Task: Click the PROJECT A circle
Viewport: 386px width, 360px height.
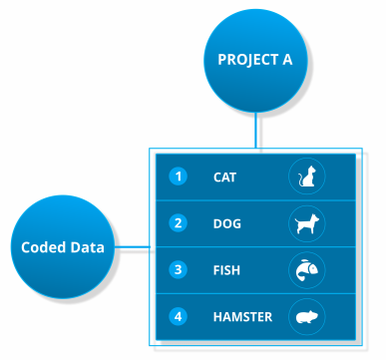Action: pyautogui.click(x=255, y=61)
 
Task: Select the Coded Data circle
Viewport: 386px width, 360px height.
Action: pyautogui.click(x=63, y=247)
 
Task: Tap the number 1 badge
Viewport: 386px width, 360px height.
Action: pyautogui.click(x=179, y=177)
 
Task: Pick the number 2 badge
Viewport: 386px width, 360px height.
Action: pyautogui.click(x=179, y=223)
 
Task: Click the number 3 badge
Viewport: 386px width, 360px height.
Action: pyautogui.click(x=179, y=269)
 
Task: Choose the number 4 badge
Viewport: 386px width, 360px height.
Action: pyautogui.click(x=179, y=316)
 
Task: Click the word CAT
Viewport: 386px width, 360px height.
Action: pyautogui.click(x=224, y=178)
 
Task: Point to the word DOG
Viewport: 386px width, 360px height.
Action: pyautogui.click(x=227, y=223)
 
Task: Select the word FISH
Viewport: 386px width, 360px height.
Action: pyautogui.click(x=226, y=270)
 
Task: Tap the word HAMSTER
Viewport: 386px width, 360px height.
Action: pyautogui.click(x=242, y=317)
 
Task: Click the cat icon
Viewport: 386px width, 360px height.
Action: pyautogui.click(x=307, y=176)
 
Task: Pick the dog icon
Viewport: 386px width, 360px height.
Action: pyautogui.click(x=307, y=223)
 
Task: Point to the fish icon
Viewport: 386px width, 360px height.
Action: pyautogui.click(x=306, y=270)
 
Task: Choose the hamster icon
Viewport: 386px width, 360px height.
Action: pyautogui.click(x=307, y=317)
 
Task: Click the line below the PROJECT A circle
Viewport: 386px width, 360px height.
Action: pyautogui.click(x=256, y=130)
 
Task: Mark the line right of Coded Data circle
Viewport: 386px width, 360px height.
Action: pyautogui.click(x=133, y=247)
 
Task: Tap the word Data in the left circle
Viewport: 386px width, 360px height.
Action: pyautogui.click(x=87, y=247)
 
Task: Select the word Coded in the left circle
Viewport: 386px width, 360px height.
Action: pyautogui.click(x=43, y=247)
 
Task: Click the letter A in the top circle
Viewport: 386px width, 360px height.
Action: pyautogui.click(x=287, y=60)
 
